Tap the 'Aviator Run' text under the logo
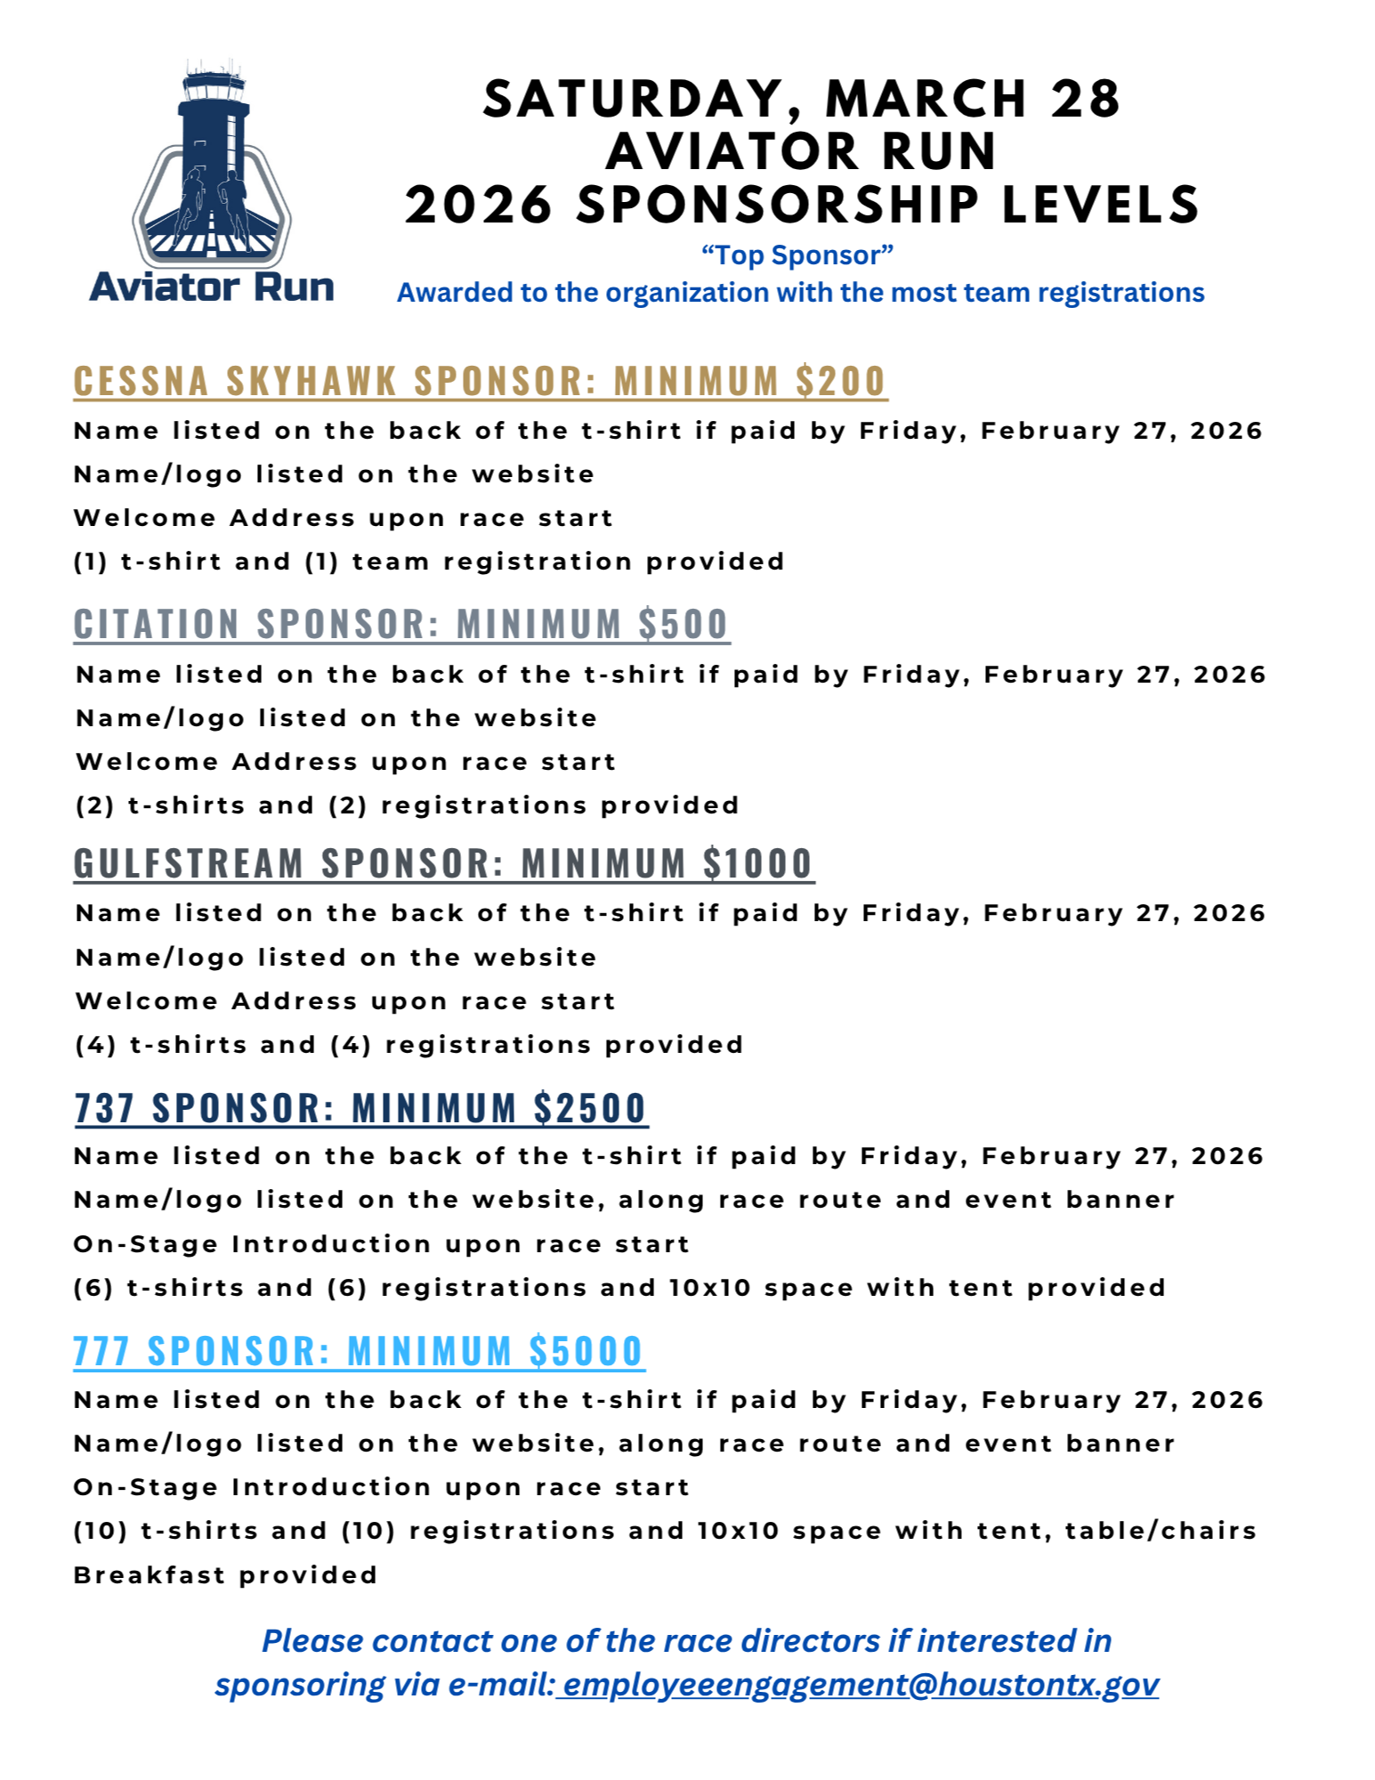212,287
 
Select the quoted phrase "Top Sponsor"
797,255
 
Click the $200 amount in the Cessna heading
840,381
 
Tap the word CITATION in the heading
157,624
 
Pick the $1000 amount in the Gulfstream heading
757,864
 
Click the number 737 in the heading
104,1108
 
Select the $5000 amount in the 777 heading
586,1351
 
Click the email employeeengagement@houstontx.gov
860,1685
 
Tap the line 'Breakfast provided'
225,1575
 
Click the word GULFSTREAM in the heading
189,864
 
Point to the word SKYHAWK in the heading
311,381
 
